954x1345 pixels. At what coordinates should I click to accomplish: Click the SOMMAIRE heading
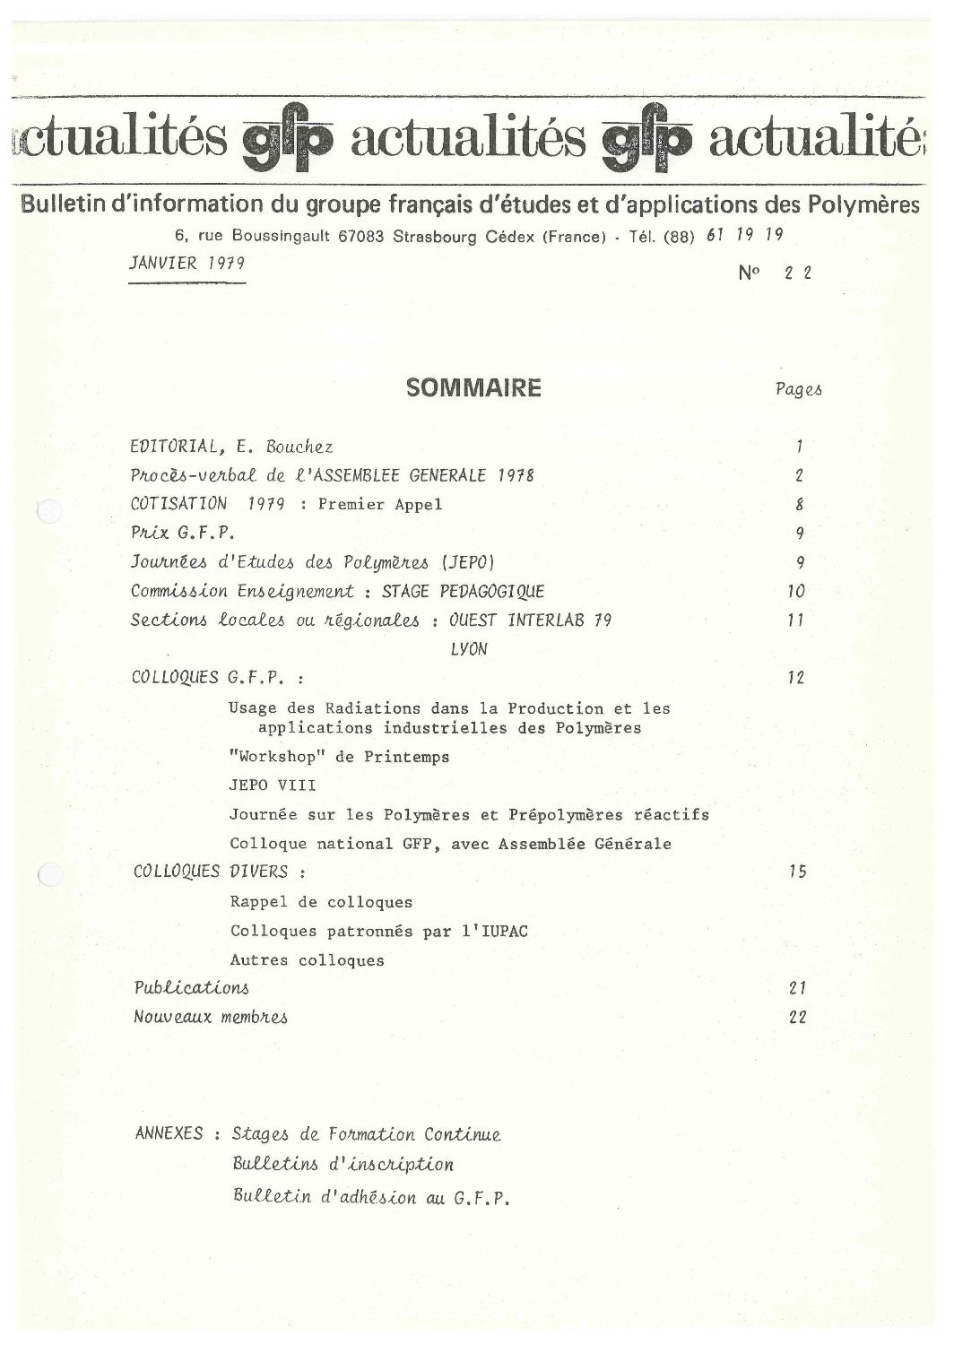[x=474, y=388]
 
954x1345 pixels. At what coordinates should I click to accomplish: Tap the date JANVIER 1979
[x=187, y=265]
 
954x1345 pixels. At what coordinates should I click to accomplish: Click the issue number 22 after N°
[x=797, y=274]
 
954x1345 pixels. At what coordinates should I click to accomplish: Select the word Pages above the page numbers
[x=798, y=389]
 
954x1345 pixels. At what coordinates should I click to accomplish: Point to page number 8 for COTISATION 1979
[x=799, y=505]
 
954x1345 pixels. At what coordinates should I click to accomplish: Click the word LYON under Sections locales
[x=468, y=649]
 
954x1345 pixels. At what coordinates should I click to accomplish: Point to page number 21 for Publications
[x=797, y=988]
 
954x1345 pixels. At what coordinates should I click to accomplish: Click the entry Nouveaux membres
[x=211, y=1017]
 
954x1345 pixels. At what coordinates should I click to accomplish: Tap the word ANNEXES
[x=169, y=1133]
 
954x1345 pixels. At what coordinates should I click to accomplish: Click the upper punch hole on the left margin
[x=48, y=511]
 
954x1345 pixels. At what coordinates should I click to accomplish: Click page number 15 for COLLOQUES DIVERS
[x=797, y=872]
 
